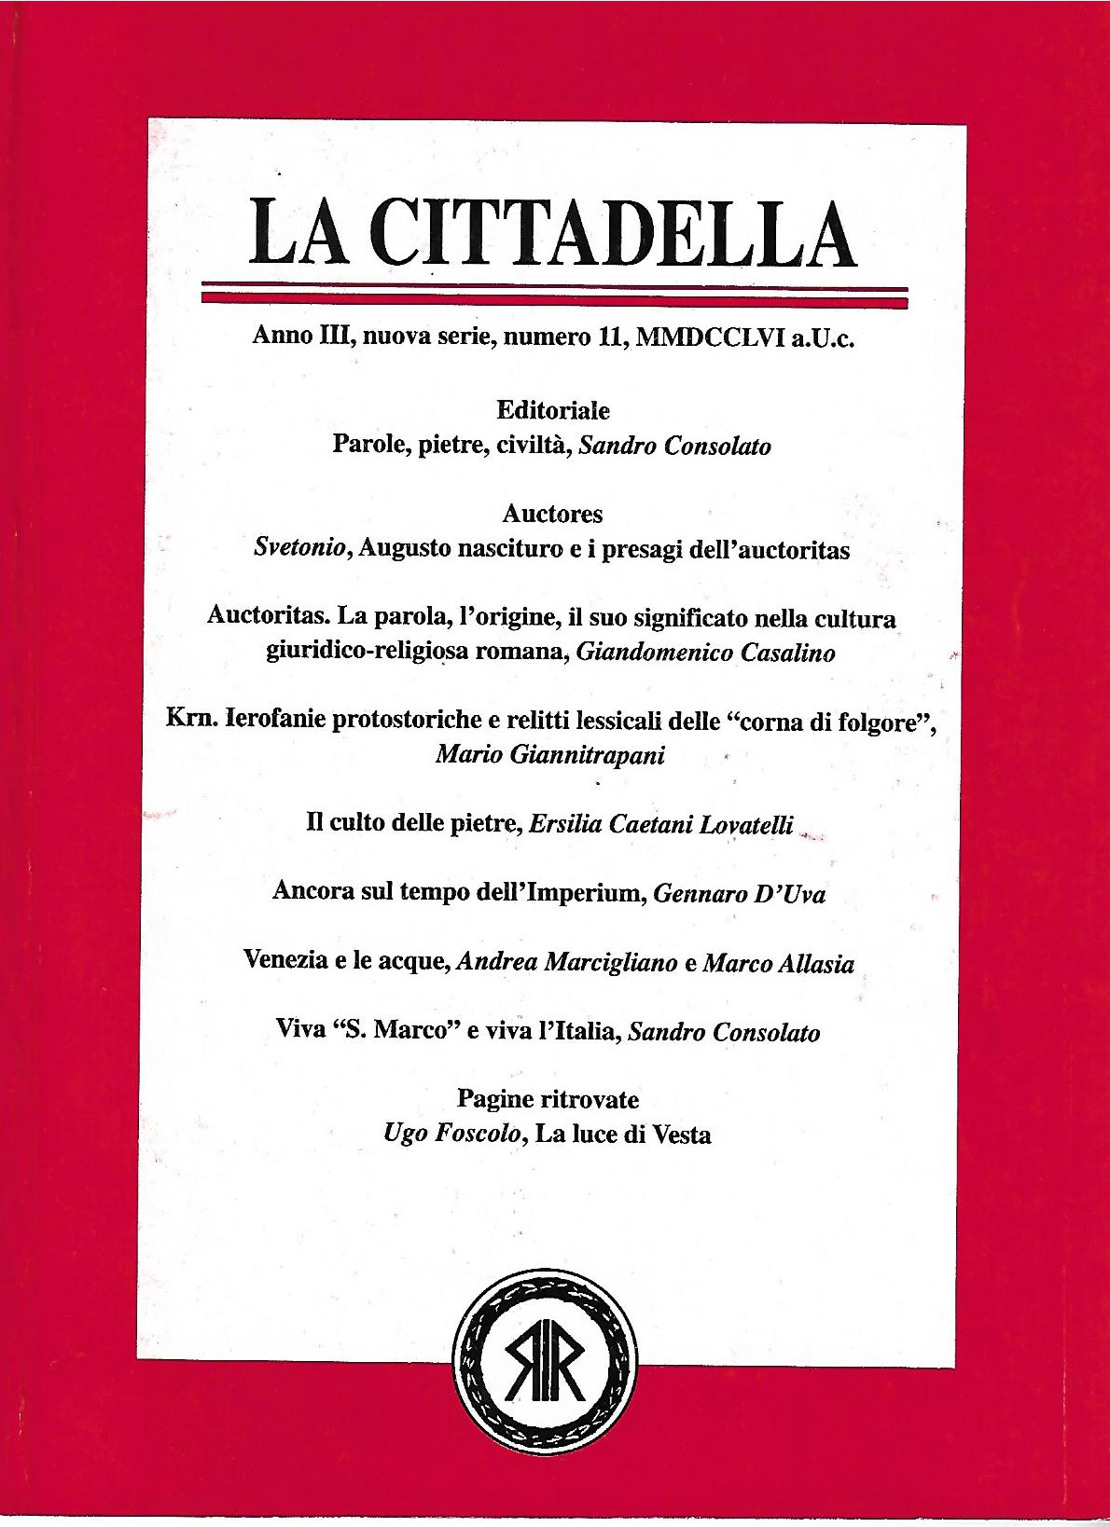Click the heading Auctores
[552, 514]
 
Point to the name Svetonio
[300, 550]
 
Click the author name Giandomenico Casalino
[705, 653]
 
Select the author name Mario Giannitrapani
[550, 755]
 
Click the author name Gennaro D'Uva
[739, 894]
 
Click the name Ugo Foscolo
[451, 1135]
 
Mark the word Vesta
[682, 1135]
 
